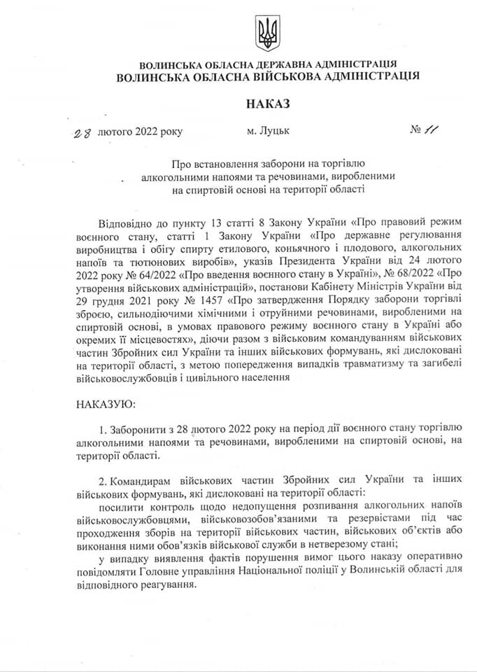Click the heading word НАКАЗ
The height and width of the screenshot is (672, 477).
pos(266,104)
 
